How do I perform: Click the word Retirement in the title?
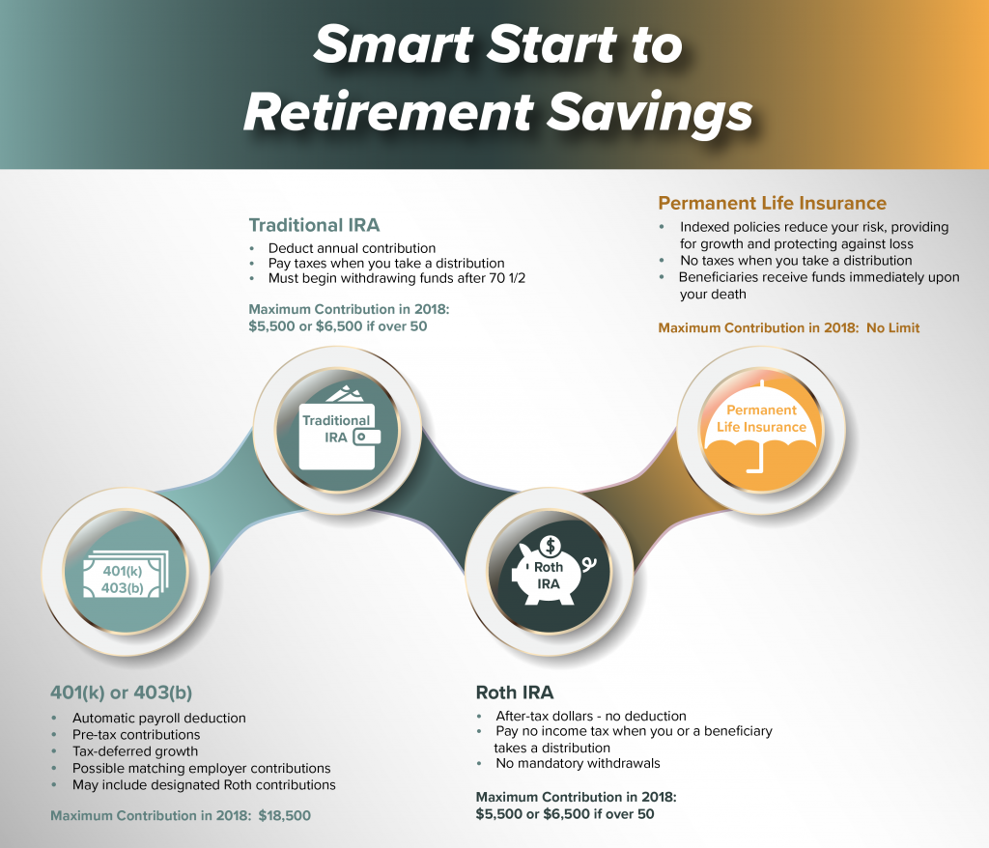click(388, 111)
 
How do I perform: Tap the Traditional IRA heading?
click(314, 225)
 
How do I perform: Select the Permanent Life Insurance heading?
click(772, 203)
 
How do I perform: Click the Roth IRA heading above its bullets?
click(515, 693)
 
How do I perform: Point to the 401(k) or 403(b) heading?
click(121, 693)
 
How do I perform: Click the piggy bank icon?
click(551, 571)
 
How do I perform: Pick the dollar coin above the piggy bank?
click(551, 545)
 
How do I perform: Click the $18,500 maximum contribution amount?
click(285, 816)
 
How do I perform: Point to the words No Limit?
click(893, 328)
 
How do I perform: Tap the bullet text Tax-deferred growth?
click(135, 751)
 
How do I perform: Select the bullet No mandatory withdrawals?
click(578, 763)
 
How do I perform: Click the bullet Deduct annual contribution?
click(352, 248)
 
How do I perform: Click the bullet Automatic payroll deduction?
click(159, 718)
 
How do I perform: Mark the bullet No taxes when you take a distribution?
click(796, 261)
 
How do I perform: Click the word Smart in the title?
click(394, 45)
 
